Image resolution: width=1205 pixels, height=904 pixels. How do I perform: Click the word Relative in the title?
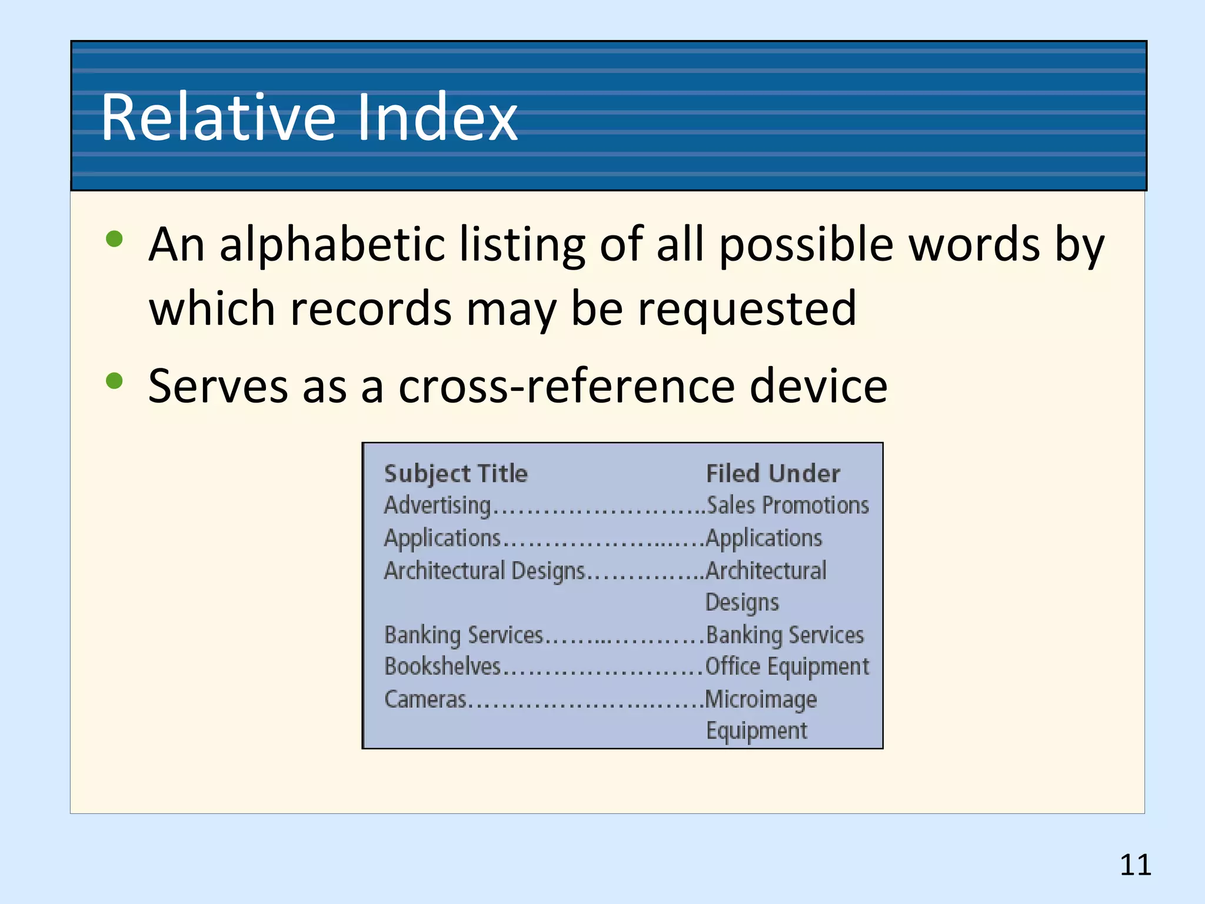218,117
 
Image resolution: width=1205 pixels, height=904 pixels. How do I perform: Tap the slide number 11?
1135,865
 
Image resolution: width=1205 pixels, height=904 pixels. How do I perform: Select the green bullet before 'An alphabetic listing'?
114,239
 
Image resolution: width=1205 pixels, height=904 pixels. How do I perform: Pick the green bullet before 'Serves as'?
114,381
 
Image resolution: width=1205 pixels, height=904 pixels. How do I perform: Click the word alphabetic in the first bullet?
332,245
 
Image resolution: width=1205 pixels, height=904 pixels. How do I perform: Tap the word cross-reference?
566,387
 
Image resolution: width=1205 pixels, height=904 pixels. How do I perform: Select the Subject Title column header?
456,474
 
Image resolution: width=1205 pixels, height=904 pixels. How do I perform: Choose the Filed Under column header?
773,474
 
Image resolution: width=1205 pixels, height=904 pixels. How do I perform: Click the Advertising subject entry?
437,506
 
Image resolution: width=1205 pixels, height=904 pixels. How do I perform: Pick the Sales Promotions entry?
787,506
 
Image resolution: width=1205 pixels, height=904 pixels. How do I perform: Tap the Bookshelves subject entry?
442,667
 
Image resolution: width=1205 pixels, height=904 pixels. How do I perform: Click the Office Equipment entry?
787,667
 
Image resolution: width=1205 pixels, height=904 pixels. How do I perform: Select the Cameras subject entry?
425,699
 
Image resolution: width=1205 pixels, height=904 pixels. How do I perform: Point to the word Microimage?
761,699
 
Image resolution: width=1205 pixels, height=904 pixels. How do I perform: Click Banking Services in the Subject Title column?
463,635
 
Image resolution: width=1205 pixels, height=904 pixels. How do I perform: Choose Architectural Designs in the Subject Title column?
484,571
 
